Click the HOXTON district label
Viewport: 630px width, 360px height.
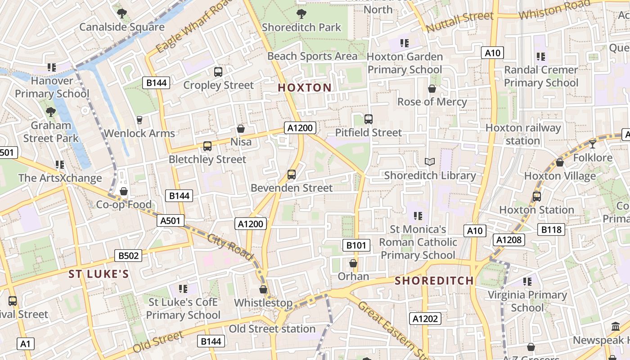[305, 88]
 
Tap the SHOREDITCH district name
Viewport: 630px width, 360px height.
[434, 281]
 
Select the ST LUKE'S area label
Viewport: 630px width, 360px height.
[99, 274]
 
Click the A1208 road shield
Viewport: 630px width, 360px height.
[509, 240]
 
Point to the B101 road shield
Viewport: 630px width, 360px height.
[356, 245]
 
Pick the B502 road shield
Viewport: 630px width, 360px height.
[128, 256]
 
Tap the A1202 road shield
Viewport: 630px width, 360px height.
[425, 319]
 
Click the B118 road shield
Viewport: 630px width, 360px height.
[551, 229]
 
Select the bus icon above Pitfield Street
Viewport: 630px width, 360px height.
[369, 119]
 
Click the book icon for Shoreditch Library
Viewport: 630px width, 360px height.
[430, 162]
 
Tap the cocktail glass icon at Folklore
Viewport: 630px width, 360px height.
[592, 144]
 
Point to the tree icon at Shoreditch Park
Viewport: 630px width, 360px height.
[301, 14]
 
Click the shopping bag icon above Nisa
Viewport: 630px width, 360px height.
[241, 129]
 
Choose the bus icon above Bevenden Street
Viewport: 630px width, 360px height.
[292, 174]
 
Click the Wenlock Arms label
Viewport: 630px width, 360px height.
[139, 133]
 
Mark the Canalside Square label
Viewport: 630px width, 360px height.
[122, 27]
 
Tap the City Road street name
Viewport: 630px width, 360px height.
[230, 246]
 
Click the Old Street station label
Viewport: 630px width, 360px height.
[272, 329]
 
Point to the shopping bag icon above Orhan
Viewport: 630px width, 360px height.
[353, 263]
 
